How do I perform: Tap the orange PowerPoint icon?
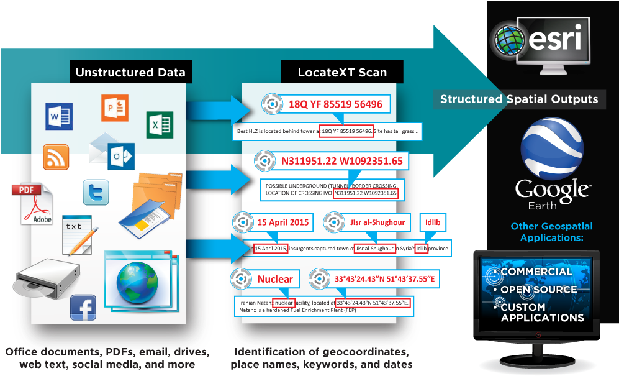tap(115, 108)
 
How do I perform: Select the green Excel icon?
tap(160, 124)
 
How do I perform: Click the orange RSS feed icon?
tap(56, 157)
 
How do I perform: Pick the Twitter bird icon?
tap(96, 192)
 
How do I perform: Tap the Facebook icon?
tap(83, 308)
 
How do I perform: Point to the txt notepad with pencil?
tap(80, 234)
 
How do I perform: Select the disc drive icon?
tap(47, 278)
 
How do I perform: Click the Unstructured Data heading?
tap(130, 72)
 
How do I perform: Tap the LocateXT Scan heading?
tap(342, 72)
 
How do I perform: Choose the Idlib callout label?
tap(432, 222)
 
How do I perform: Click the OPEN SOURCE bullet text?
tap(539, 290)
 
